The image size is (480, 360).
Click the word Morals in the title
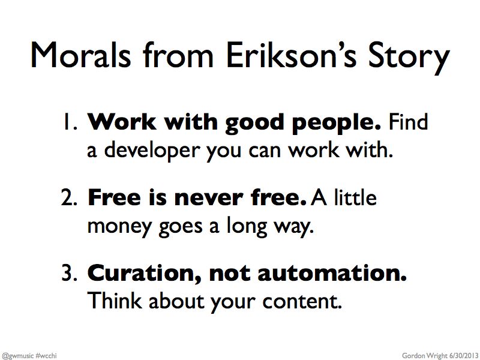coord(81,55)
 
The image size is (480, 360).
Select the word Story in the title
coord(409,58)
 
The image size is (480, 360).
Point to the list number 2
coord(68,197)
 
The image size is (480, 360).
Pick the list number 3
coord(68,273)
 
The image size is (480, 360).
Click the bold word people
coord(337,124)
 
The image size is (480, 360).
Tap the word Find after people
coord(408,122)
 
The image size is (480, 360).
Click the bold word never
coord(209,199)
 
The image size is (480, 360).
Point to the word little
coord(355,197)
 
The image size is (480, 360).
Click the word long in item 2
coord(247,227)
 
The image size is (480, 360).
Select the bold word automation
coord(332,274)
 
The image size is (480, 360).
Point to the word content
coord(302,302)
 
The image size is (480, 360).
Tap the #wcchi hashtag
coord(46,355)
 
